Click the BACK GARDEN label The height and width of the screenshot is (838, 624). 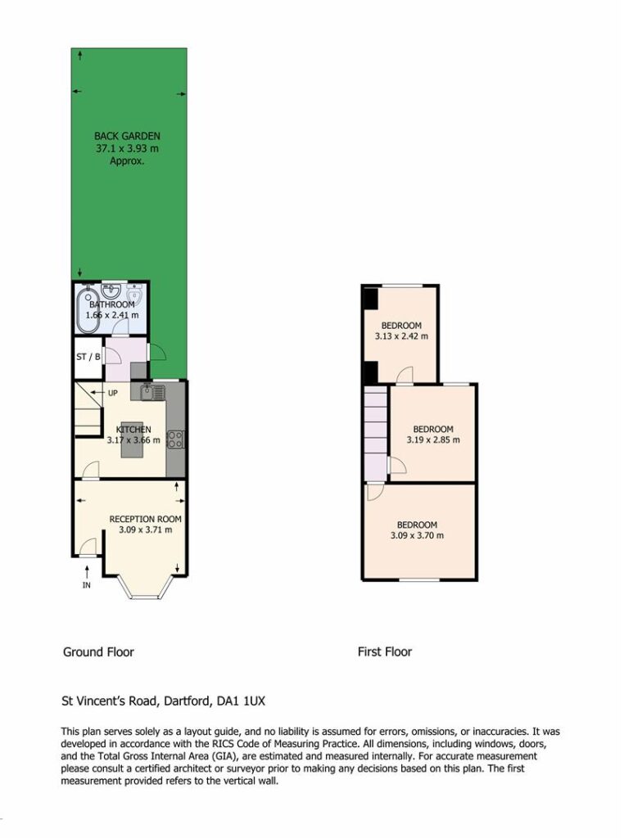127,137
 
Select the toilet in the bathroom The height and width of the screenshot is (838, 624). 134,295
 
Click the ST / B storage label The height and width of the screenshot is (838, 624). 88,357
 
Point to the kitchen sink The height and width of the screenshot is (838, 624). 153,392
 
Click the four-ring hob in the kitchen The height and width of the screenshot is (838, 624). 175,439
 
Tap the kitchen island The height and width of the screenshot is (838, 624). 132,439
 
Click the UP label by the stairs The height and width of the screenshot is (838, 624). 113,394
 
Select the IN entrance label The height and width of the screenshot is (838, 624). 87,585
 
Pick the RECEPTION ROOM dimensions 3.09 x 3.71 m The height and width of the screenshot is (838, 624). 146,530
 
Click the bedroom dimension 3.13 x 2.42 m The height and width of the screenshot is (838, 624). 401,336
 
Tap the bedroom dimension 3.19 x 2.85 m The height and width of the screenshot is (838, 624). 433,440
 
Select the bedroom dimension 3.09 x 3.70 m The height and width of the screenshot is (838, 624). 417,535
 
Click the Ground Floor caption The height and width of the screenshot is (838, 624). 98,652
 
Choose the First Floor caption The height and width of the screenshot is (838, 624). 385,652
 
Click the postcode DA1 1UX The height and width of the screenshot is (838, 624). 241,701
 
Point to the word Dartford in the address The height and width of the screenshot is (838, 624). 187,701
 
